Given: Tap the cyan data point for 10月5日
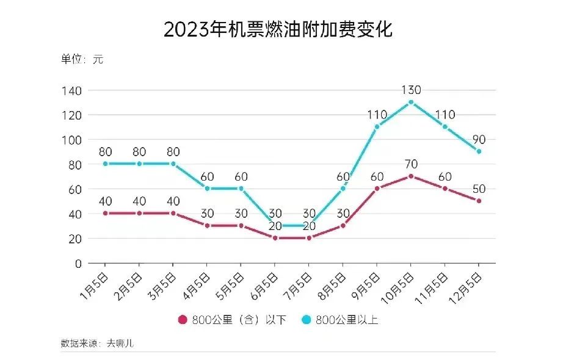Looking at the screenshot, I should pyautogui.click(x=411, y=102).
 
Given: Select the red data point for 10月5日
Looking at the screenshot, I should pyautogui.click(x=411, y=176).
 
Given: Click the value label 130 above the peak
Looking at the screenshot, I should pyautogui.click(x=411, y=90).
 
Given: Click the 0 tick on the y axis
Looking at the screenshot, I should pyautogui.click(x=78, y=264).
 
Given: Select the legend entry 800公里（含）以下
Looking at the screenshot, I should pyautogui.click(x=231, y=320).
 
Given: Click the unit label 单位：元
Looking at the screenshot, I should pyautogui.click(x=82, y=60).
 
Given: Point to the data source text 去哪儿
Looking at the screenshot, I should pyautogui.click(x=120, y=343).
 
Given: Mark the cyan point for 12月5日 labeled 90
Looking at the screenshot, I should pyautogui.click(x=479, y=151).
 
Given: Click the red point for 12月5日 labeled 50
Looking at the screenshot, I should pyautogui.click(x=479, y=201).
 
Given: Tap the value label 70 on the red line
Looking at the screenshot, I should pyautogui.click(x=411, y=164).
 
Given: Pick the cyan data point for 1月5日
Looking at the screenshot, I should pyautogui.click(x=106, y=164).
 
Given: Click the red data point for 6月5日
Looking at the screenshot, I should pyautogui.click(x=275, y=238).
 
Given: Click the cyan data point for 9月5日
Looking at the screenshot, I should pyautogui.click(x=377, y=127).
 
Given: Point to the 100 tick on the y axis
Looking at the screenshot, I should pyautogui.click(x=71, y=140).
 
